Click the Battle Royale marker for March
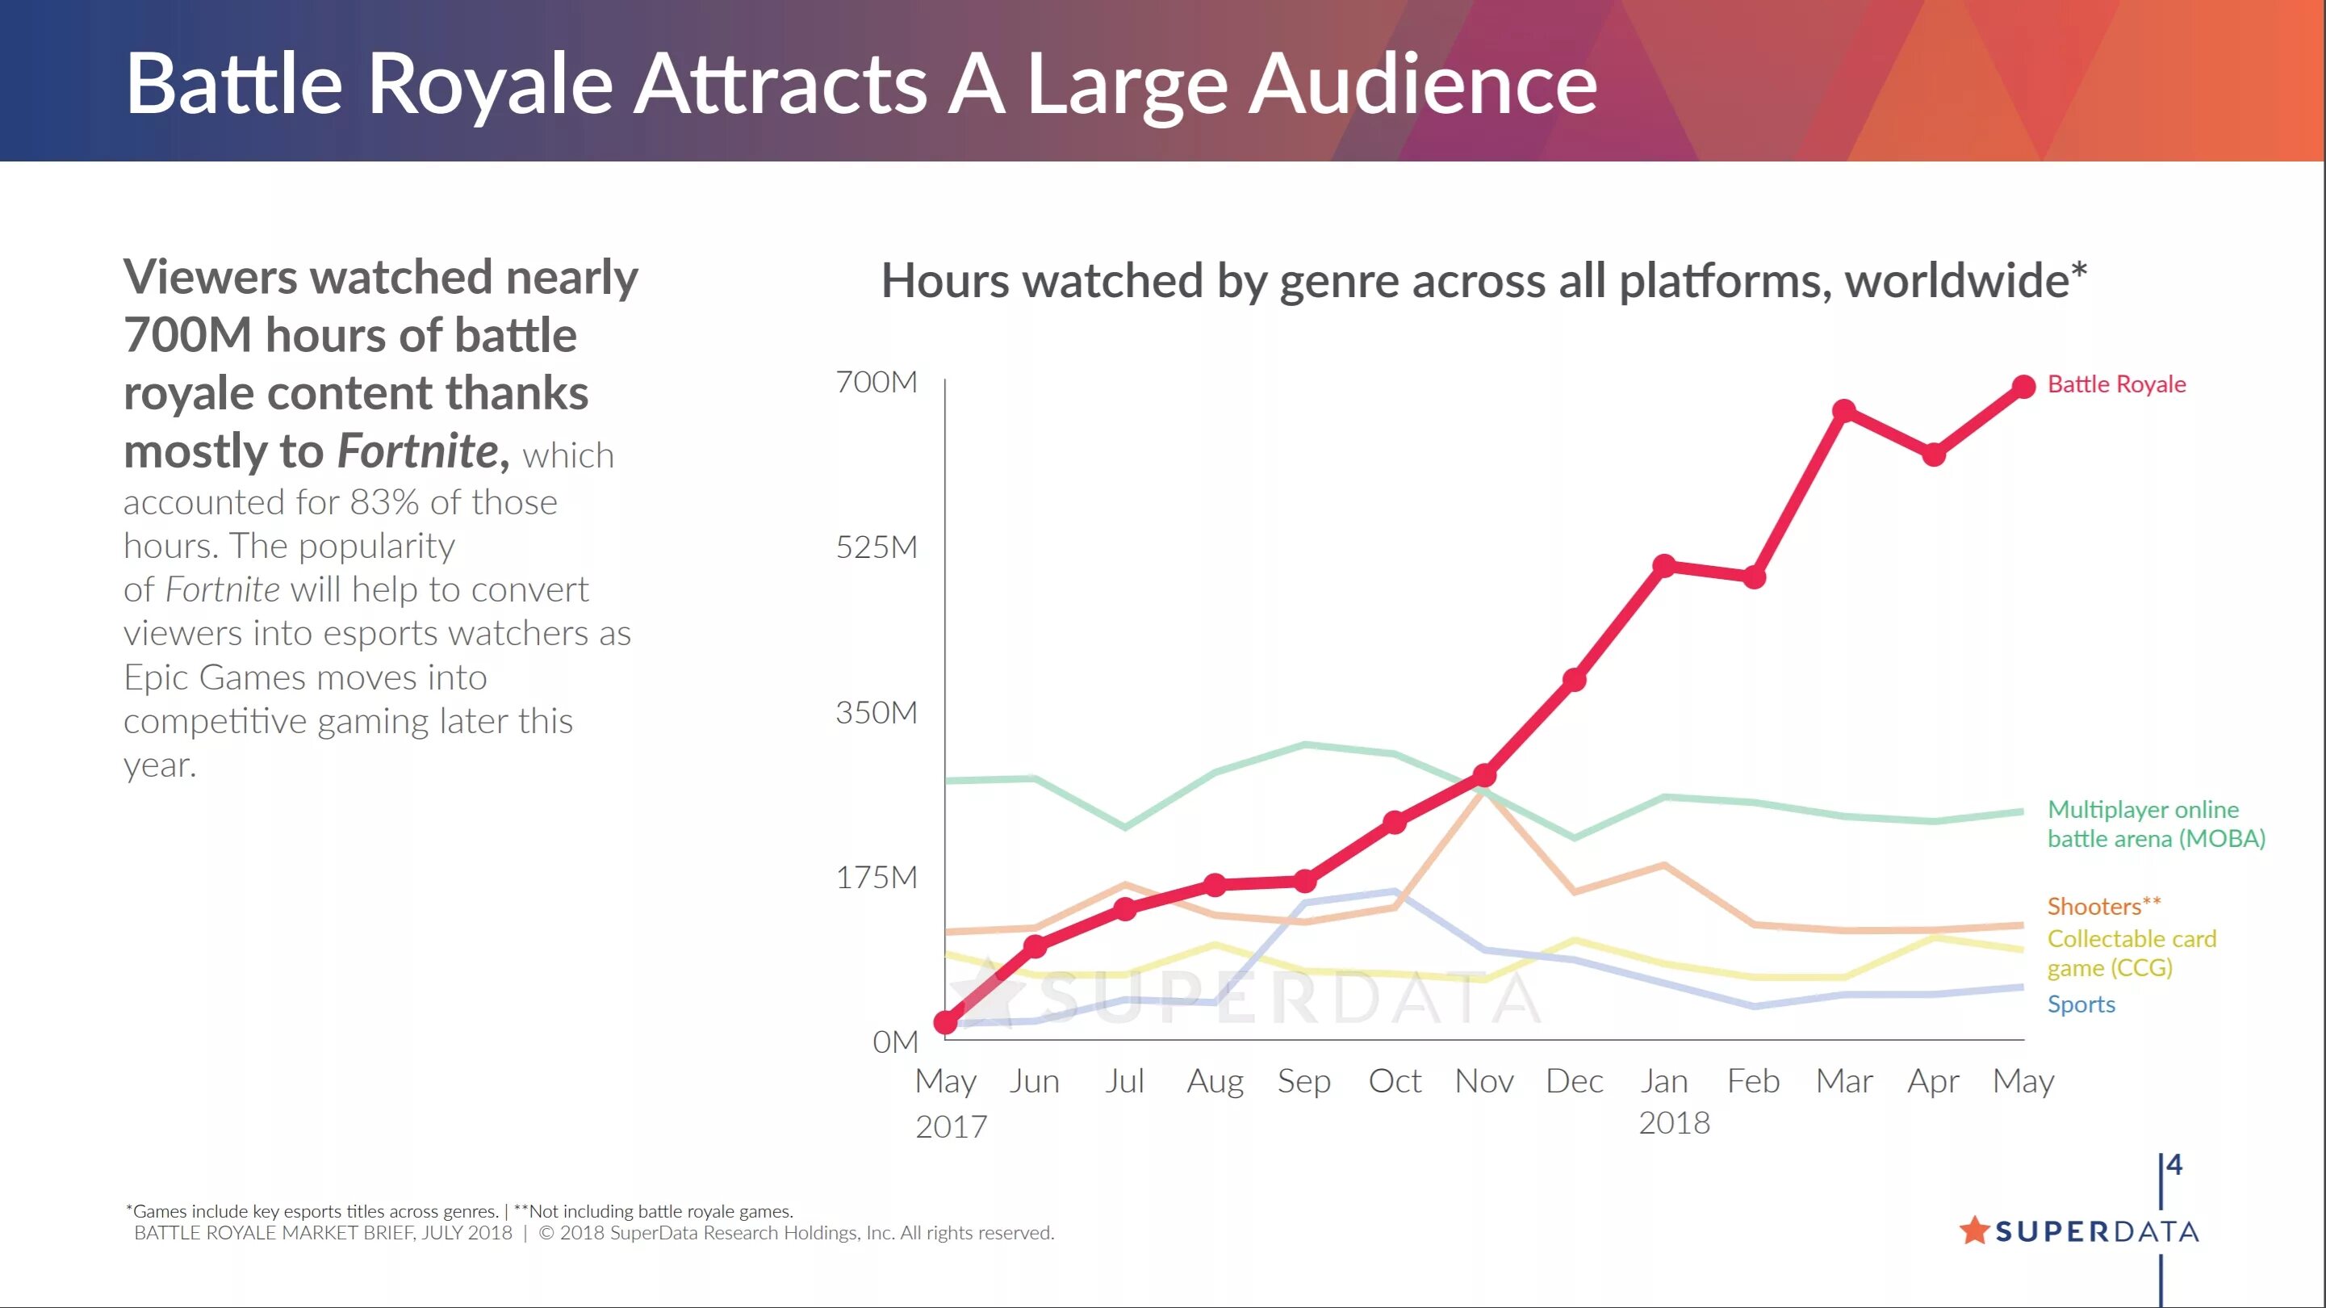(x=1844, y=412)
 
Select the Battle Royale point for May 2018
(x=2023, y=387)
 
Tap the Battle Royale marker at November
(x=1484, y=775)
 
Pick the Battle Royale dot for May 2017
(x=945, y=1021)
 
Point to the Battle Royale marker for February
(x=1754, y=576)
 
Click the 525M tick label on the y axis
(x=876, y=547)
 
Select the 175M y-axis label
(x=876, y=877)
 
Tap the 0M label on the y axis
(x=894, y=1042)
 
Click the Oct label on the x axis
(x=1394, y=1081)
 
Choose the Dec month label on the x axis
(x=1574, y=1081)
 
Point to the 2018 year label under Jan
(x=1674, y=1123)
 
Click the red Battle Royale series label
(x=2116, y=385)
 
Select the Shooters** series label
(x=2104, y=906)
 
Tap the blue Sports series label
(x=2081, y=1004)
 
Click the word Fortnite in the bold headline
(x=417, y=451)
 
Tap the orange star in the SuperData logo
(x=1975, y=1230)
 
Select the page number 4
(x=2174, y=1165)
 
